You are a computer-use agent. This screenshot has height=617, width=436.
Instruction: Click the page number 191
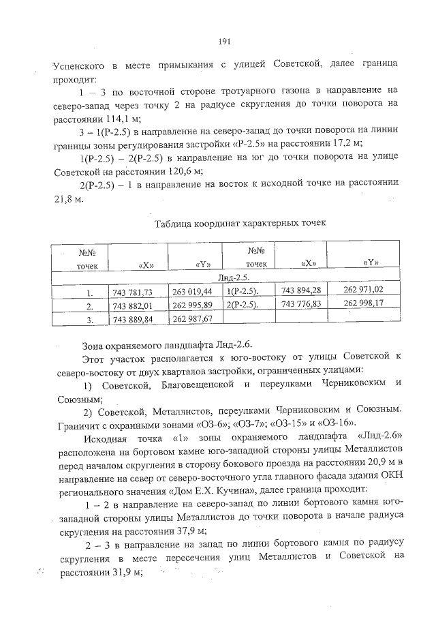tap(224, 42)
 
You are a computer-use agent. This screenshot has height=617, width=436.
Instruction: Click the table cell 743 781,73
tap(133, 292)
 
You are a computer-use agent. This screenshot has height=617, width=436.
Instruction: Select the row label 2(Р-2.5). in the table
tap(247, 304)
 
